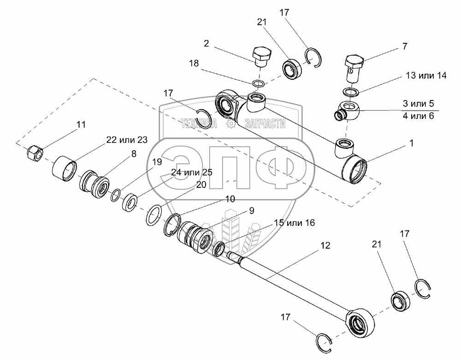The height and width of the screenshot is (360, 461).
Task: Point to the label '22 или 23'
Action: coord(127,141)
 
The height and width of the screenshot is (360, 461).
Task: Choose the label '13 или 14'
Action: coord(426,76)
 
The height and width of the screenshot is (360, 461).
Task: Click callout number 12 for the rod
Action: coord(325,246)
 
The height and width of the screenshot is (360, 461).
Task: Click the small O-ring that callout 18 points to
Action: coord(259,83)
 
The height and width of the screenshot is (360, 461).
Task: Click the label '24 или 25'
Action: coord(191,172)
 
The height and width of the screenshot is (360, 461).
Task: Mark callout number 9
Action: coord(252,211)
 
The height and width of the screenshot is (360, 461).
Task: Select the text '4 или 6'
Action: coord(418,116)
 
